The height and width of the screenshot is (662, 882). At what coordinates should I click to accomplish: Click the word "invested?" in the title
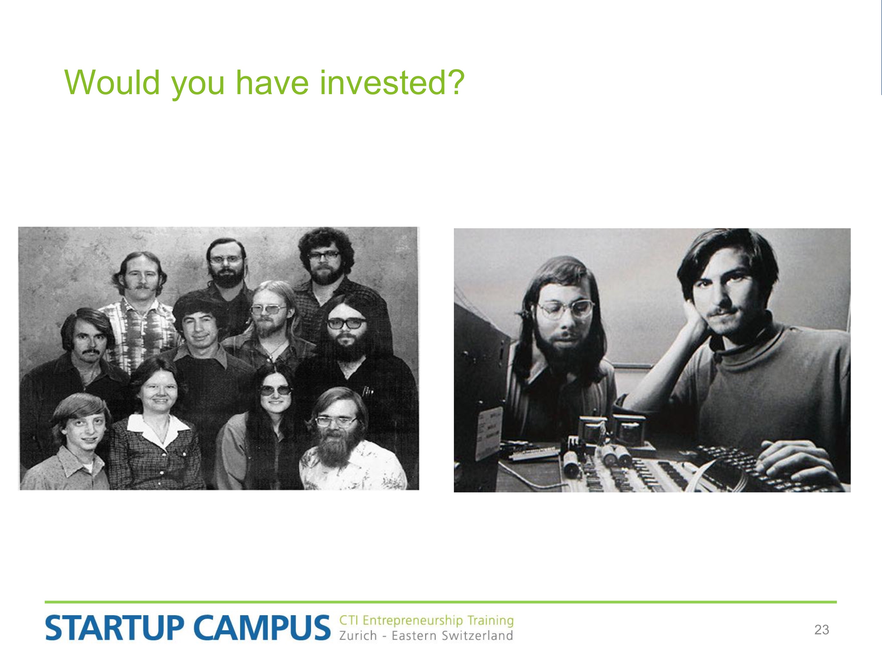(392, 83)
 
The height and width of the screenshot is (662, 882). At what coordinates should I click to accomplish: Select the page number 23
(822, 630)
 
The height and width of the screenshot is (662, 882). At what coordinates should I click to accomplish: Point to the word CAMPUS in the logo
(262, 628)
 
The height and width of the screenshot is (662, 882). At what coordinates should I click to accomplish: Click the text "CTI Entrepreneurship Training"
(426, 621)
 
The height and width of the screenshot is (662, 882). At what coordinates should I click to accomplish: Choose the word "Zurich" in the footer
(358, 636)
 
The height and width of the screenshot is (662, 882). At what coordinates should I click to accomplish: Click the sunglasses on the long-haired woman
(276, 390)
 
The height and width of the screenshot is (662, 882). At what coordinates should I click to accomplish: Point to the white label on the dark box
(489, 433)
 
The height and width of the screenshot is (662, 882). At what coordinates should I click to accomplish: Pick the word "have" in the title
(272, 83)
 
